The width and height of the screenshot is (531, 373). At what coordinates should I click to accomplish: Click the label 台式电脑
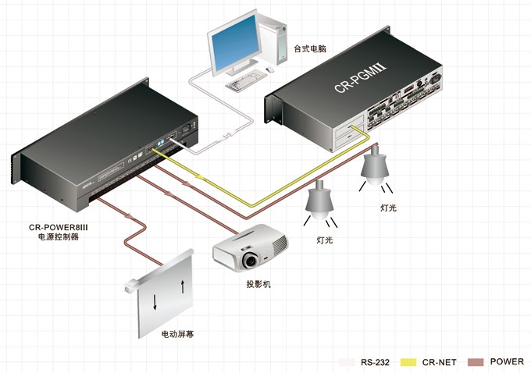pyautogui.click(x=309, y=48)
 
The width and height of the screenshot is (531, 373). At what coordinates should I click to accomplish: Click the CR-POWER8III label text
pyautogui.click(x=58, y=228)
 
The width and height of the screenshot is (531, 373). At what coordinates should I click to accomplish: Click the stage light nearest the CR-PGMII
pyautogui.click(x=375, y=165)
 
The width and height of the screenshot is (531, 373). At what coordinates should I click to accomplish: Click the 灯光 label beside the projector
pyautogui.click(x=324, y=240)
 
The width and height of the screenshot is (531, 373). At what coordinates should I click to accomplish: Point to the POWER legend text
pyautogui.click(x=507, y=362)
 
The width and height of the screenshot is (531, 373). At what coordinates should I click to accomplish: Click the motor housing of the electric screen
pyautogui.click(x=130, y=286)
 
